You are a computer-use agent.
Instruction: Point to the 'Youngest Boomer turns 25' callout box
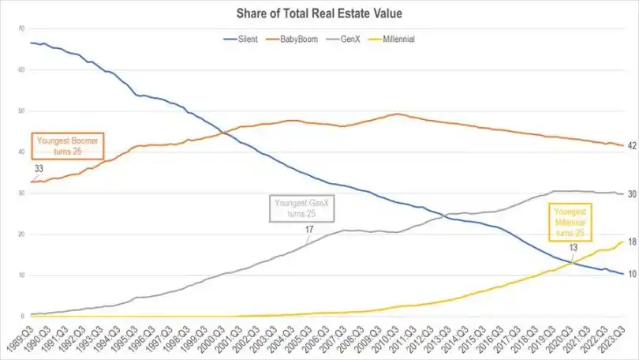point(67,145)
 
